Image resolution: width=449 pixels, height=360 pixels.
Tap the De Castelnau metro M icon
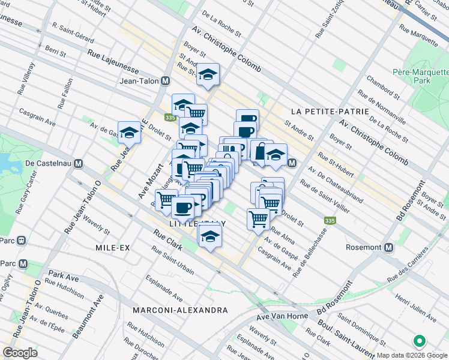pyautogui.click(x=79, y=163)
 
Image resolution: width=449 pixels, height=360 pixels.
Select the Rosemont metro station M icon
pyautogui.click(x=389, y=247)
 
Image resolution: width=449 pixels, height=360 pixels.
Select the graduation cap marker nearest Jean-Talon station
pyautogui.click(x=208, y=74)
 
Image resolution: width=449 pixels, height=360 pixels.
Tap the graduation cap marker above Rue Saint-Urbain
pyautogui.click(x=210, y=236)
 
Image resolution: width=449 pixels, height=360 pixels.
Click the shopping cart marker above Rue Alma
pyautogui.click(x=258, y=218)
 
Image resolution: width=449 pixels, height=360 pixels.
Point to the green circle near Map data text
pyautogui.click(x=419, y=342)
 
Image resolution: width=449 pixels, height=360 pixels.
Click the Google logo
pyautogui.click(x=20, y=353)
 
